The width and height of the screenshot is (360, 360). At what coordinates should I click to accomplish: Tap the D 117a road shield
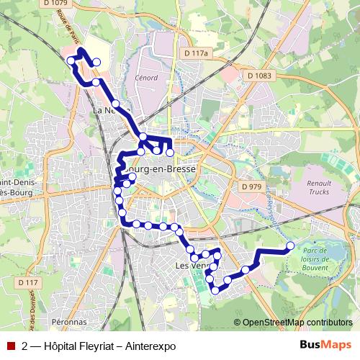coord(195,53)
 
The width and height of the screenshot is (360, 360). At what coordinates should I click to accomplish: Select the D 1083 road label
coord(258,75)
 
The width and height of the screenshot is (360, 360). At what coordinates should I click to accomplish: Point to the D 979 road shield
coord(252,186)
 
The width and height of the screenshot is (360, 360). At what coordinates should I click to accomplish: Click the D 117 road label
coord(27,283)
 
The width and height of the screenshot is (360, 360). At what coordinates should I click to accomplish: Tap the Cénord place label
coord(146,77)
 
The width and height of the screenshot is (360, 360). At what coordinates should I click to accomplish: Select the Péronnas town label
coord(70,322)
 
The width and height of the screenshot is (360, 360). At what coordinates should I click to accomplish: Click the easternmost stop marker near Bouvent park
coord(290,246)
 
